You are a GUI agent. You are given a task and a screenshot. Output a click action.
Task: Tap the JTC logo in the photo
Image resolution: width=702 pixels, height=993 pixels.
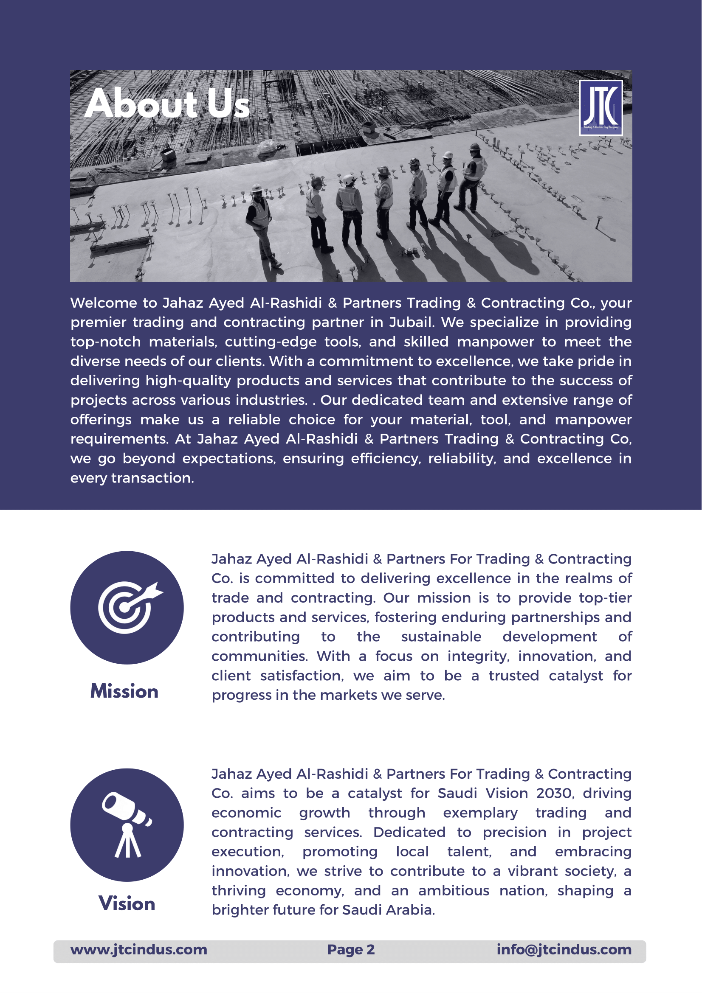pos(601,108)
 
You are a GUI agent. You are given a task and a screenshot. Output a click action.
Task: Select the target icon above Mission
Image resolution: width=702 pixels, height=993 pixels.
pos(127,607)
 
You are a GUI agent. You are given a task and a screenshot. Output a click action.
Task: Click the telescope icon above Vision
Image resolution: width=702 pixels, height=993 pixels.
pos(127,825)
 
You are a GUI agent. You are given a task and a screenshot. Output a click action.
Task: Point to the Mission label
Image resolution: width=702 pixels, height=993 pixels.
pos(124,691)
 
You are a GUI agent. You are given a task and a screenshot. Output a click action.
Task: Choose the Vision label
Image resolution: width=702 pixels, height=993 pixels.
pos(127,903)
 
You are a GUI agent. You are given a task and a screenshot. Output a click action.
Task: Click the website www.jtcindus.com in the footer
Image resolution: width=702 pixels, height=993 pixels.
pos(139,949)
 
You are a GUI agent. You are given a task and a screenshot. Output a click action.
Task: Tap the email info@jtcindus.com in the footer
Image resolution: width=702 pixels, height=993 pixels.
pos(564,949)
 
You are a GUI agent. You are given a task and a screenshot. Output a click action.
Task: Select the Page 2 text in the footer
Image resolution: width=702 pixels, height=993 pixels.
pos(351,949)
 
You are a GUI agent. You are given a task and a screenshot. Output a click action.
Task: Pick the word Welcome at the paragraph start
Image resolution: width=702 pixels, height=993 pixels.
pos(104,303)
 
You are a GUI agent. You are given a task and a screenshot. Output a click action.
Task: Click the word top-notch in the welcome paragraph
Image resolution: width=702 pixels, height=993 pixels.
pos(106,342)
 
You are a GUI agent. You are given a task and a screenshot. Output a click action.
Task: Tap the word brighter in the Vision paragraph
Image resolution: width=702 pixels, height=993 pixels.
pos(237,909)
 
